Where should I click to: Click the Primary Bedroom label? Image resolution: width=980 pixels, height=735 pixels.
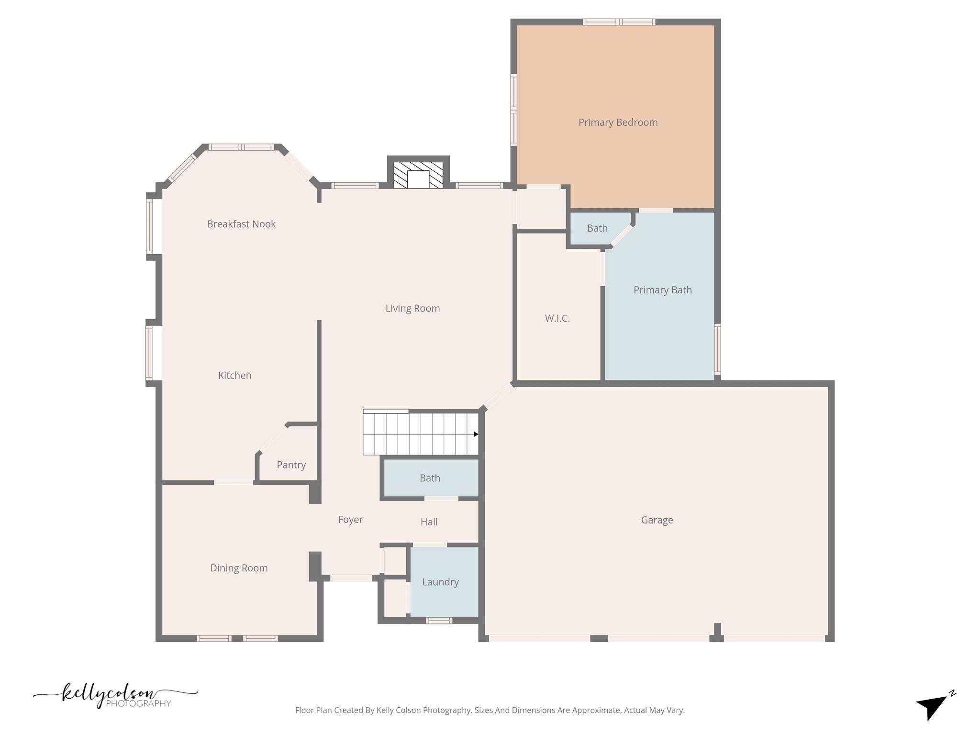pos(618,122)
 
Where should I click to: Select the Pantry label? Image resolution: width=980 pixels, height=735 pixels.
pos(291,465)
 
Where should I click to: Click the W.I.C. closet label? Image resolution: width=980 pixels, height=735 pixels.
pos(557,318)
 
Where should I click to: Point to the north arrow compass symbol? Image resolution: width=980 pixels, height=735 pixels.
pos(934,706)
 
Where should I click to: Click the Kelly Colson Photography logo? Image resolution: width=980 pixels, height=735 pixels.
pos(115,695)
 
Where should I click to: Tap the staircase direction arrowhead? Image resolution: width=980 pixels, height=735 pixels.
pos(476,434)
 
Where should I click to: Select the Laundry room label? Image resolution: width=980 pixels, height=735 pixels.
pos(440,582)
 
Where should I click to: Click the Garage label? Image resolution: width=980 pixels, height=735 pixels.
pos(657,520)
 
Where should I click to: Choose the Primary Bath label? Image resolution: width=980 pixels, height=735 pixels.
pos(662,290)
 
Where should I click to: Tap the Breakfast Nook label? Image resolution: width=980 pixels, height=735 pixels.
pos(241,224)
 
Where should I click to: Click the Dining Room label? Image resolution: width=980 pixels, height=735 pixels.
pos(239,568)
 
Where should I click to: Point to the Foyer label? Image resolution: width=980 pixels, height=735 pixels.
pos(350,519)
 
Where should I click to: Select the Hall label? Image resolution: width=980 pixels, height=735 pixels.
pos(429,522)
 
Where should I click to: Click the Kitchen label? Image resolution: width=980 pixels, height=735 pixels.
pos(234,375)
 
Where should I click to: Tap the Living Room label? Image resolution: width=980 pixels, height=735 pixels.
pos(412,308)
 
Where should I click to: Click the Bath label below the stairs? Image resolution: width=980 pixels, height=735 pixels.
pos(430,478)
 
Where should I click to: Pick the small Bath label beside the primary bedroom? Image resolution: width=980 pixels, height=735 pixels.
pos(597,228)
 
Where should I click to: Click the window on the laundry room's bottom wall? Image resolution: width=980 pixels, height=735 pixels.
pos(439,621)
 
